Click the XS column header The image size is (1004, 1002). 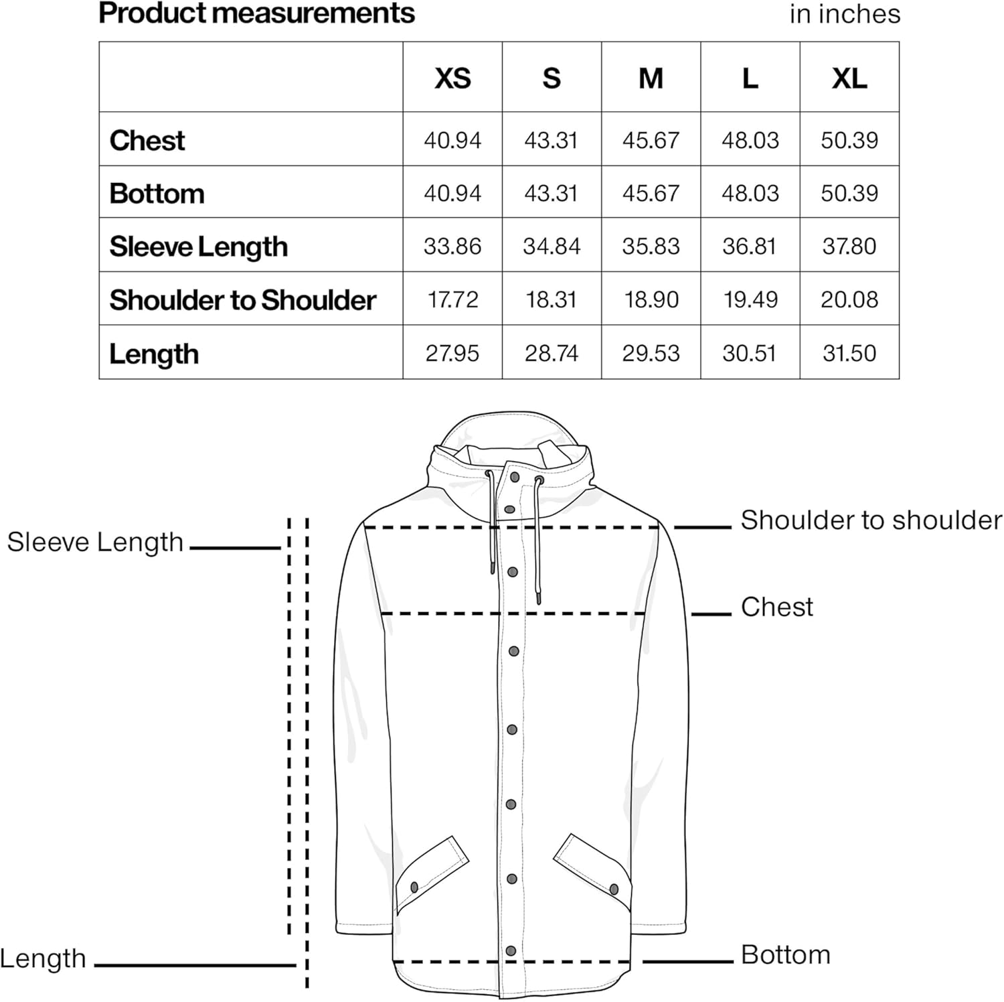(x=452, y=78)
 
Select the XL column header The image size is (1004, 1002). (x=849, y=78)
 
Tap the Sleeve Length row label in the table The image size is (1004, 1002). (x=198, y=246)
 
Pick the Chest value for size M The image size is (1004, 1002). (x=651, y=140)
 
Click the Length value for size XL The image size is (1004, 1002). (x=849, y=353)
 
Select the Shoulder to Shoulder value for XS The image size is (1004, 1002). (x=452, y=299)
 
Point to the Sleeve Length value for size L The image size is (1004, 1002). (x=750, y=246)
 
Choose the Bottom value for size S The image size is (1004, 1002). (x=551, y=194)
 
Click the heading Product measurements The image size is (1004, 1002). (x=256, y=13)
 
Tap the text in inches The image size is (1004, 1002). (x=845, y=14)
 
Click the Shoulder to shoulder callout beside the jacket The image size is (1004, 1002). (x=871, y=520)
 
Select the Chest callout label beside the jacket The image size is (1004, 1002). (x=776, y=607)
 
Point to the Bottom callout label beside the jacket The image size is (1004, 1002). (x=785, y=954)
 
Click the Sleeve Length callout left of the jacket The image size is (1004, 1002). (x=95, y=542)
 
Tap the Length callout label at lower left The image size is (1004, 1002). (x=43, y=958)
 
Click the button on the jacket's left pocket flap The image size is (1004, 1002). (x=414, y=887)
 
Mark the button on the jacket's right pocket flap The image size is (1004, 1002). (x=614, y=889)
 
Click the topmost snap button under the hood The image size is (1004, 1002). (x=515, y=478)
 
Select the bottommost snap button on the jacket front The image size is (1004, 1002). (x=511, y=951)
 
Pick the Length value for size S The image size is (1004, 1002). (x=551, y=353)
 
